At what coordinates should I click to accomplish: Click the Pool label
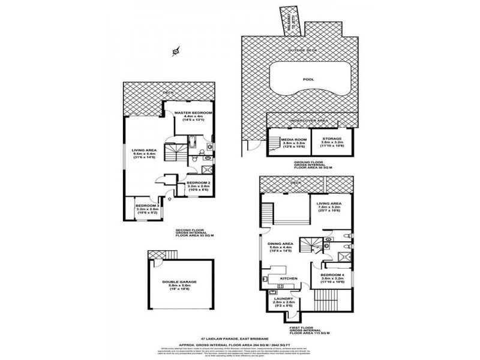tap(308, 79)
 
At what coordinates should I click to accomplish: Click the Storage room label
tap(332, 139)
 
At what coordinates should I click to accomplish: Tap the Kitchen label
tap(289, 278)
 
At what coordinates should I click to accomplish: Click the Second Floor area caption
tap(193, 232)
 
